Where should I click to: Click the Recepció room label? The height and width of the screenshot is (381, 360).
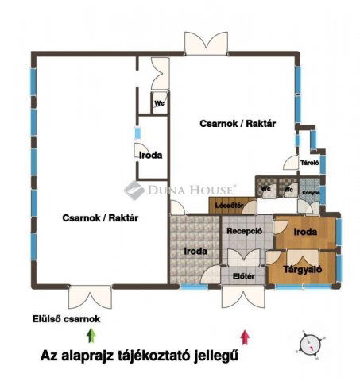tap(245, 232)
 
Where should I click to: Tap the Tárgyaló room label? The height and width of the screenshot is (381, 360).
tap(302, 268)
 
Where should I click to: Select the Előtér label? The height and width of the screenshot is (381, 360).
tap(243, 276)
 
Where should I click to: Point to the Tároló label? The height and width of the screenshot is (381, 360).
tap(309, 164)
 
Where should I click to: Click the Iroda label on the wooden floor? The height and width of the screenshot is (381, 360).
tap(306, 232)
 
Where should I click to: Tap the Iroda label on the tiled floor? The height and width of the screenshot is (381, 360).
tap(195, 251)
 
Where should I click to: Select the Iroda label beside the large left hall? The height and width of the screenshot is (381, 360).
tap(150, 155)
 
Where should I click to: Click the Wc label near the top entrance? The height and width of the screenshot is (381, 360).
tap(159, 103)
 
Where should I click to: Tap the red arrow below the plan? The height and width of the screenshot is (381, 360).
tap(246, 337)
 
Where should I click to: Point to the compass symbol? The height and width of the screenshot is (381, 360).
tap(309, 343)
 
